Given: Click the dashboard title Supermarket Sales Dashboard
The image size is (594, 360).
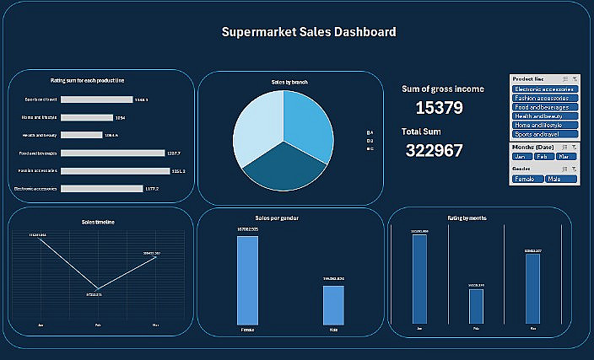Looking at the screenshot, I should coord(308,32).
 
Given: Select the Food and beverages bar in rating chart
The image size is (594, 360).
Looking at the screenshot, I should coord(113,153).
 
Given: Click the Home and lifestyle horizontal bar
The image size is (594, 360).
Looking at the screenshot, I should coord(87,118).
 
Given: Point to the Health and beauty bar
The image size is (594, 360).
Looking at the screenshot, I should coord(82,135).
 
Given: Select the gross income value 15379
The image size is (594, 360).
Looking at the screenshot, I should coord(440,108).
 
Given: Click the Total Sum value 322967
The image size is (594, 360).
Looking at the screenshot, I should coord(434,151).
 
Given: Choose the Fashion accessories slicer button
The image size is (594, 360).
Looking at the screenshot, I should coord(543,98).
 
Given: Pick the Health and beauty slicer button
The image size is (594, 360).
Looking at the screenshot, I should coord(543,116).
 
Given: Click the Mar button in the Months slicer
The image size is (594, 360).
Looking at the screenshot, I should coord(565,157).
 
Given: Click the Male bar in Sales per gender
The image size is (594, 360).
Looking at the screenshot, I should coord(333,304).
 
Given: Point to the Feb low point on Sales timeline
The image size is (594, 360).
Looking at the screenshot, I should coord(98,289).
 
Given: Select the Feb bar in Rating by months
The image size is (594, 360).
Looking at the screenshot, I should coord(476,306).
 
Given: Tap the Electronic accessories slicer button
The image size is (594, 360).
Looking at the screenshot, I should coord(543,89).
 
